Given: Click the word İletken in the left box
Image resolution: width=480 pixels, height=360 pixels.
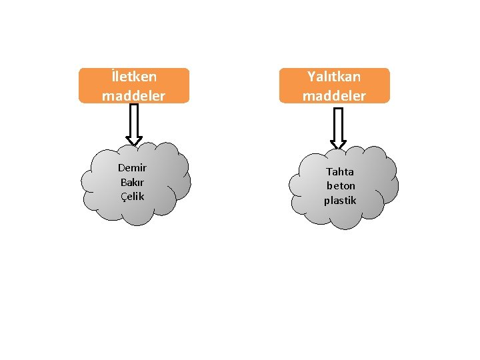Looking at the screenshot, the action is (x=133, y=77).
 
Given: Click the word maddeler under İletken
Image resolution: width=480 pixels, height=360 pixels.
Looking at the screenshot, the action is (x=133, y=95).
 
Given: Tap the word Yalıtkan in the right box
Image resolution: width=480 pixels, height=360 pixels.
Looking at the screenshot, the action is (x=334, y=77).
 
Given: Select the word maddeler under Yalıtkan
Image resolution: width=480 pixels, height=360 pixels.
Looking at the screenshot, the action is (x=334, y=95).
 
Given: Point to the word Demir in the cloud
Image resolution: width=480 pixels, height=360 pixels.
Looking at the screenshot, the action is (x=132, y=167).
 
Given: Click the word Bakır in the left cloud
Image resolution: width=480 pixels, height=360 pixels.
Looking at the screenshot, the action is (x=132, y=182).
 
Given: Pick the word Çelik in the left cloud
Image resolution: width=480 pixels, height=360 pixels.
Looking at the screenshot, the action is (x=132, y=196).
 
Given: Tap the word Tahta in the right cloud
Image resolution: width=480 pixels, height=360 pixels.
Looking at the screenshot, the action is (x=340, y=171).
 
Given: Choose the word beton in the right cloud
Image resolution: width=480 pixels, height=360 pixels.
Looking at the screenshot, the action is (x=341, y=186).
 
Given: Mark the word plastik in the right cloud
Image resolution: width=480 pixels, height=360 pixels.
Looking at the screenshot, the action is (x=341, y=200).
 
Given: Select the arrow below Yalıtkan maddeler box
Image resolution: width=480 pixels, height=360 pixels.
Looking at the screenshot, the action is (x=338, y=128).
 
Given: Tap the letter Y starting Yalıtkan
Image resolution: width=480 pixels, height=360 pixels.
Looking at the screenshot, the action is (x=311, y=77).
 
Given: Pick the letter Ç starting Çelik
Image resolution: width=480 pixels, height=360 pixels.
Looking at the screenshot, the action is (x=123, y=196).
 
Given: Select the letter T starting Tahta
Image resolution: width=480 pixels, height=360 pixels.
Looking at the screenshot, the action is (x=329, y=171).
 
